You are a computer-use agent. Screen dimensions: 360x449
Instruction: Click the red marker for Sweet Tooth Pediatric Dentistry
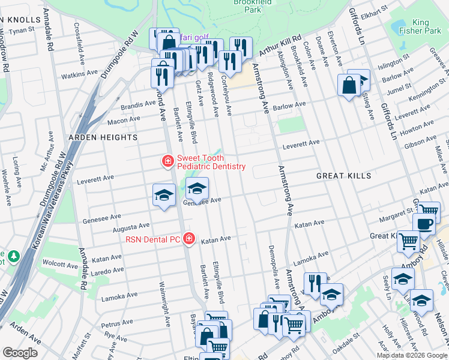[167, 161]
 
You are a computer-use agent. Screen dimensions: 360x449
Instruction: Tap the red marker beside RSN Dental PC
[189, 239]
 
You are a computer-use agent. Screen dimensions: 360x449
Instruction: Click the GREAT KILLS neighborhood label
[344, 176]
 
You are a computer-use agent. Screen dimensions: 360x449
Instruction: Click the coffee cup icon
[425, 224]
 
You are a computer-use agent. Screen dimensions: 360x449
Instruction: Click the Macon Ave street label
[123, 121]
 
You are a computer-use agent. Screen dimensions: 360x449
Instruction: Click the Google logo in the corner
[20, 353]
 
